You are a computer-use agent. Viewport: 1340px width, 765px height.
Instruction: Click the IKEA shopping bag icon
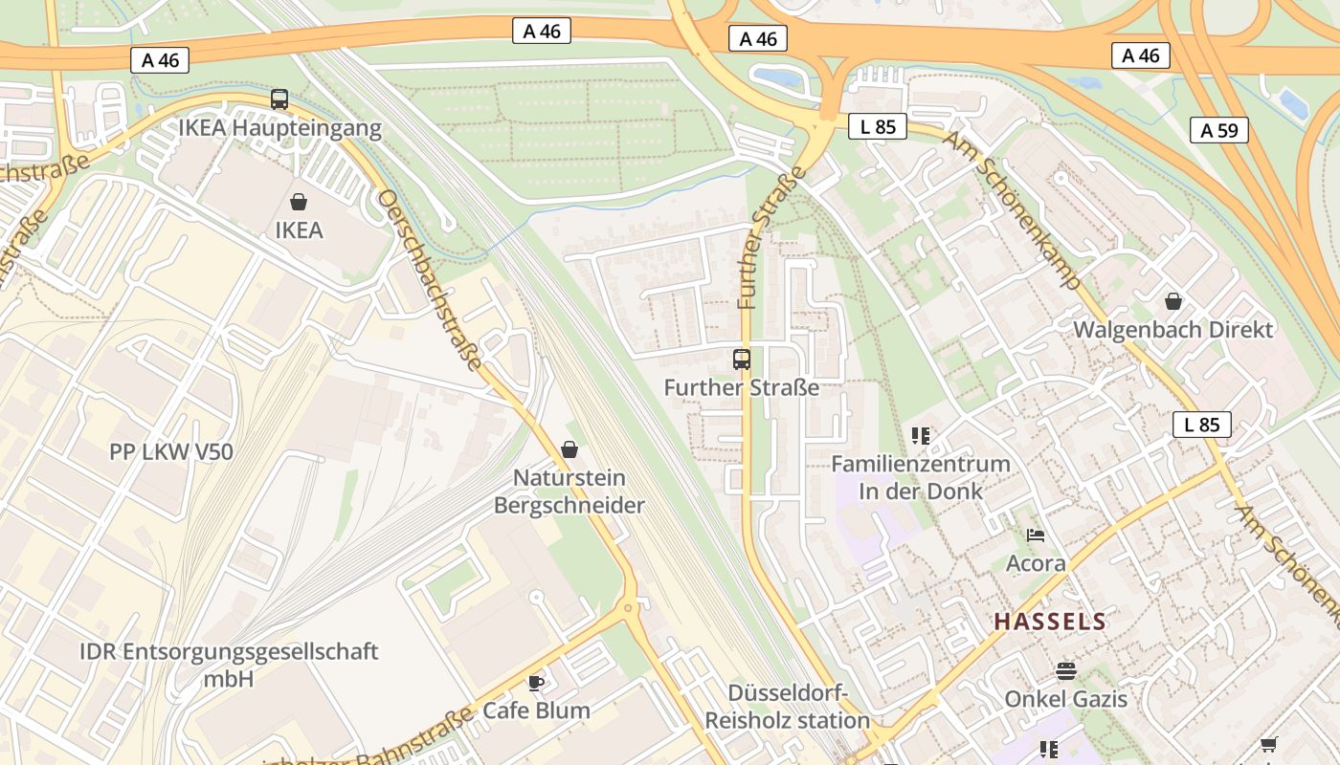pos(299,202)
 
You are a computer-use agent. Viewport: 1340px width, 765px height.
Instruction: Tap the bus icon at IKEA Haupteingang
pos(279,98)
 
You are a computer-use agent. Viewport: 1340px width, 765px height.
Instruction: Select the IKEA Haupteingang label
pos(279,127)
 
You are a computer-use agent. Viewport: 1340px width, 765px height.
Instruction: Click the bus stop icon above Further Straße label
pos(742,360)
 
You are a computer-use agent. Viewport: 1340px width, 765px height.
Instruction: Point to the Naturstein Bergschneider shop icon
pos(569,449)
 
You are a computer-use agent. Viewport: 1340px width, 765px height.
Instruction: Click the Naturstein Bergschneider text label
pos(569,492)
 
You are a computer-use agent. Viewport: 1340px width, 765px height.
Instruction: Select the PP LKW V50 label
pos(171,451)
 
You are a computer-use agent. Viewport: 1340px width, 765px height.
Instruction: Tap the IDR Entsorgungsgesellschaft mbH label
pos(229,666)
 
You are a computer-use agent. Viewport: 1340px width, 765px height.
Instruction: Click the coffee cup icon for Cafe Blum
pos(536,682)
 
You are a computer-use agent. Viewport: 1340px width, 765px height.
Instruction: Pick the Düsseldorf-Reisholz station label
pos(788,707)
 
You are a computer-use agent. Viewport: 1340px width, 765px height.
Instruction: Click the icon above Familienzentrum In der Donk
pos(921,436)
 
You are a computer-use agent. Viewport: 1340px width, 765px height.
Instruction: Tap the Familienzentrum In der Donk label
pos(921,477)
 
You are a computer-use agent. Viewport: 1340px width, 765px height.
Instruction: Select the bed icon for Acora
pos(1036,535)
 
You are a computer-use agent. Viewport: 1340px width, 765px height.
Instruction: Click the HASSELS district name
pos(1050,622)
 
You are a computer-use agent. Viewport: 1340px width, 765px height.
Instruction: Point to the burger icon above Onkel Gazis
pos(1065,670)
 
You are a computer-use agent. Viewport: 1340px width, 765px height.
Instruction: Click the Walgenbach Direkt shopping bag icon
pos(1173,301)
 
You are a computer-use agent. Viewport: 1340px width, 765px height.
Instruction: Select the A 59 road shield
pos(1219,130)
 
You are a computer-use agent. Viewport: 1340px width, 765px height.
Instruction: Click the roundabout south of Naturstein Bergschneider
pos(629,607)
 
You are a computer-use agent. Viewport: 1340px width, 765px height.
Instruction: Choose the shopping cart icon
pos(1269,744)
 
